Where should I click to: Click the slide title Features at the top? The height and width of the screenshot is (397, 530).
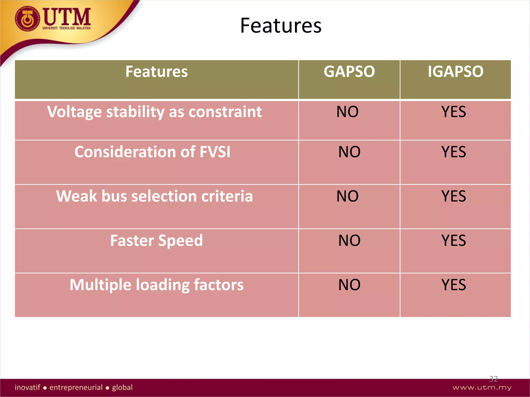point(281,26)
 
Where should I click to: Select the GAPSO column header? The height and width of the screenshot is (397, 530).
point(349,72)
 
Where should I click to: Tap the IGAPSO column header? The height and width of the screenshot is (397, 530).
point(455,72)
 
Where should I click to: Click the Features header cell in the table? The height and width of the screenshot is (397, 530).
point(157,72)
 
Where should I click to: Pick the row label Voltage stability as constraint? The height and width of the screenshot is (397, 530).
point(154,112)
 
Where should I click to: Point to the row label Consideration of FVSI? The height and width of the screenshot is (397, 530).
point(152,152)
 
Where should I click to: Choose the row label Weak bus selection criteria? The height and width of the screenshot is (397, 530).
point(154,196)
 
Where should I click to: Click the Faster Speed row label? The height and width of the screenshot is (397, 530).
point(157,241)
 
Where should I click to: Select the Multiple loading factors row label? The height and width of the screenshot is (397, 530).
point(157,285)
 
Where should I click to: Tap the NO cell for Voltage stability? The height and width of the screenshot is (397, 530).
point(347,112)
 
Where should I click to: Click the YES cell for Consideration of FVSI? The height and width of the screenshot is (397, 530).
point(454,152)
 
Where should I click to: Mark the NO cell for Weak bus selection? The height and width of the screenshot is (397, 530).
point(347,196)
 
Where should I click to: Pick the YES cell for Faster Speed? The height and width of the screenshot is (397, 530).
point(454,241)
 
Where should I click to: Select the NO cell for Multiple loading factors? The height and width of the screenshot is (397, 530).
point(349,285)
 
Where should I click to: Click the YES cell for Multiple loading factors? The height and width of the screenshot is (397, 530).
point(454,285)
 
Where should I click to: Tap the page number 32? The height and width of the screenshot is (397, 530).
point(493,379)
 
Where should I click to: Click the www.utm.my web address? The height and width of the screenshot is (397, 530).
point(482,387)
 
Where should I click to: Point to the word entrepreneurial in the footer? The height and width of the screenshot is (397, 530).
point(76,387)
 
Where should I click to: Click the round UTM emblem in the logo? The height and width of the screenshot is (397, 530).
point(27,19)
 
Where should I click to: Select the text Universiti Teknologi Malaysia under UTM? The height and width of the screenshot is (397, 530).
point(67,28)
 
